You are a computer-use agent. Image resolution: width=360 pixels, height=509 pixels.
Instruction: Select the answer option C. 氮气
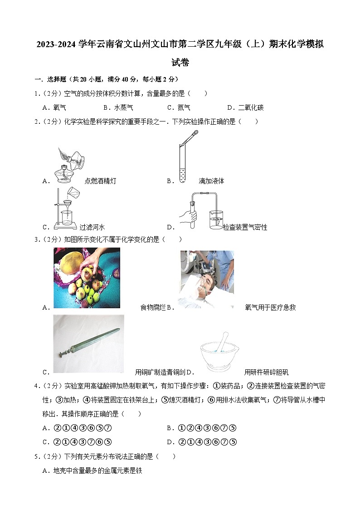coord(179,107)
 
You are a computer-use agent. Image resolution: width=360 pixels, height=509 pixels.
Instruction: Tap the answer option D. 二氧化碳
coord(245,107)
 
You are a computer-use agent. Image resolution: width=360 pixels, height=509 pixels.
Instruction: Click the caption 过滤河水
coord(92,227)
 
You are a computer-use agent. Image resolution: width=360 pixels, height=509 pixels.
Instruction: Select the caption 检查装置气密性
coord(245,227)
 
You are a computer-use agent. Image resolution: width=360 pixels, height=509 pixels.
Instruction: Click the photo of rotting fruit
coord(87,277)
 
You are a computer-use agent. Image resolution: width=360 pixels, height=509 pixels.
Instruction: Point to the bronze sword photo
coord(88,344)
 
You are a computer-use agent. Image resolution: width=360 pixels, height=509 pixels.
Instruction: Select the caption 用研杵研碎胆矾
coord(266,372)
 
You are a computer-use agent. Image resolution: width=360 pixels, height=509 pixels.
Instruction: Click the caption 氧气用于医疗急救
coord(270,307)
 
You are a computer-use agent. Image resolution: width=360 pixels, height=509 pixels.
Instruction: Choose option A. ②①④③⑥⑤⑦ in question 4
coord(77,428)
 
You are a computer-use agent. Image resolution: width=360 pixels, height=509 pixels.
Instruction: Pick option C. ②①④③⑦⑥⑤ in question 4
coord(77,442)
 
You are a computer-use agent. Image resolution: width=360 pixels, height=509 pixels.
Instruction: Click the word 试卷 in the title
coord(180,63)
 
